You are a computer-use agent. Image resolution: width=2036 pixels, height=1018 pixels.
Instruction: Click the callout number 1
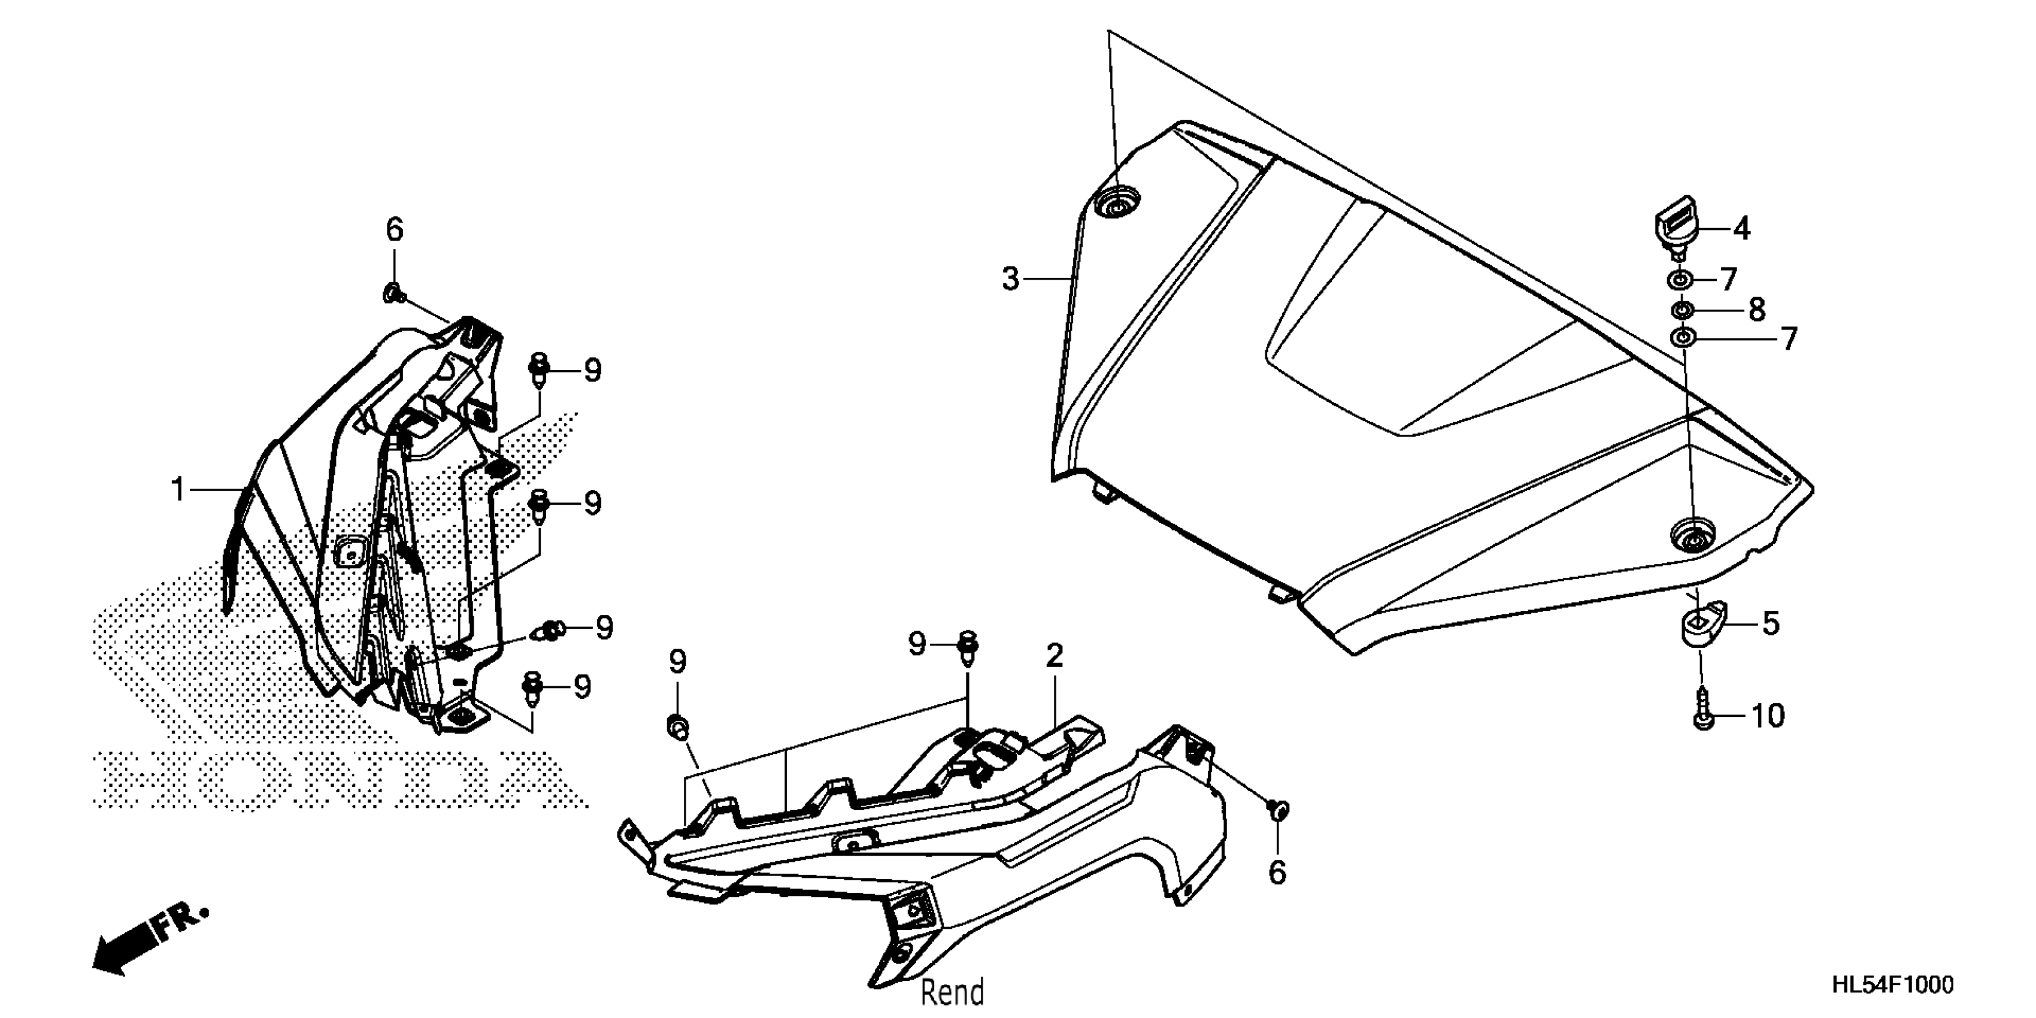click(x=178, y=490)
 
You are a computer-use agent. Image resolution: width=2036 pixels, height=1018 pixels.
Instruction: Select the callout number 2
click(x=1055, y=656)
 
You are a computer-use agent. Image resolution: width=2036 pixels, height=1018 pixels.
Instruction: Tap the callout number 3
click(x=1011, y=279)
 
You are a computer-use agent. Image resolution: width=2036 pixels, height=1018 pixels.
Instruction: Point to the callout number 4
click(x=1741, y=229)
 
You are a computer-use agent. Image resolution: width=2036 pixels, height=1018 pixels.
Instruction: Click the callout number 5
click(x=1771, y=623)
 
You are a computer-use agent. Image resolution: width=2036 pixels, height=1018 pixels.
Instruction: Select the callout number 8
click(x=1756, y=309)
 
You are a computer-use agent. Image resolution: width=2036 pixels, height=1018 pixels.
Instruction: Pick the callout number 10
click(x=1767, y=716)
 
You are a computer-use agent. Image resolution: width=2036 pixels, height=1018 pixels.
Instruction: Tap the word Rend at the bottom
click(x=952, y=991)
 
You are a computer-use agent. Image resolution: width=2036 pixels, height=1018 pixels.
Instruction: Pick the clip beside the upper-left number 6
click(x=393, y=294)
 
